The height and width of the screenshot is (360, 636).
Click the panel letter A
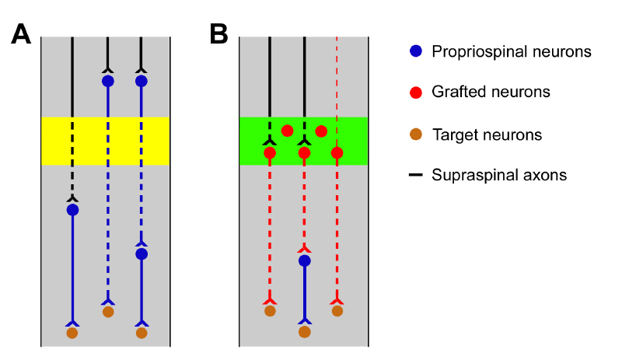click(21, 34)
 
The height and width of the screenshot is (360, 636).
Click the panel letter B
click(219, 34)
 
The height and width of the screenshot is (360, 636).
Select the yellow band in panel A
click(105, 141)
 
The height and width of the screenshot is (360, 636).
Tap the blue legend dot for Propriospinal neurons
click(416, 51)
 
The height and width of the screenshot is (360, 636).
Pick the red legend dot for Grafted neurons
click(416, 93)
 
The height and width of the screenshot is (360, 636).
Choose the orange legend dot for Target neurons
click(416, 135)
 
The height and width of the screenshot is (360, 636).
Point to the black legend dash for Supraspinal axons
click(416, 175)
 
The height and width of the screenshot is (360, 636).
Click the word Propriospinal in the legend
click(480, 52)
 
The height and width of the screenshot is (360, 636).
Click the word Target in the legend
click(453, 135)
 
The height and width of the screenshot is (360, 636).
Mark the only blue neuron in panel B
click(305, 260)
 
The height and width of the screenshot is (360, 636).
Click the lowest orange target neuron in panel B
click(305, 332)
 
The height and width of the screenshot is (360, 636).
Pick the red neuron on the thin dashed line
click(337, 153)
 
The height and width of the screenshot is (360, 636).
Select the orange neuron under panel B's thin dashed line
click(337, 311)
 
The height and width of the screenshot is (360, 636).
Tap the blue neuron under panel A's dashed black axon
click(72, 210)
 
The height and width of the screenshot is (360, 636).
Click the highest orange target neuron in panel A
click(108, 312)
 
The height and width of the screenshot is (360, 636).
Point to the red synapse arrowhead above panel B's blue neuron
click(305, 250)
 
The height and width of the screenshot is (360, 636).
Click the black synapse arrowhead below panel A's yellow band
click(72, 198)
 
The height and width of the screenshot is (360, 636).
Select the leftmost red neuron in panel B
click(270, 153)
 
